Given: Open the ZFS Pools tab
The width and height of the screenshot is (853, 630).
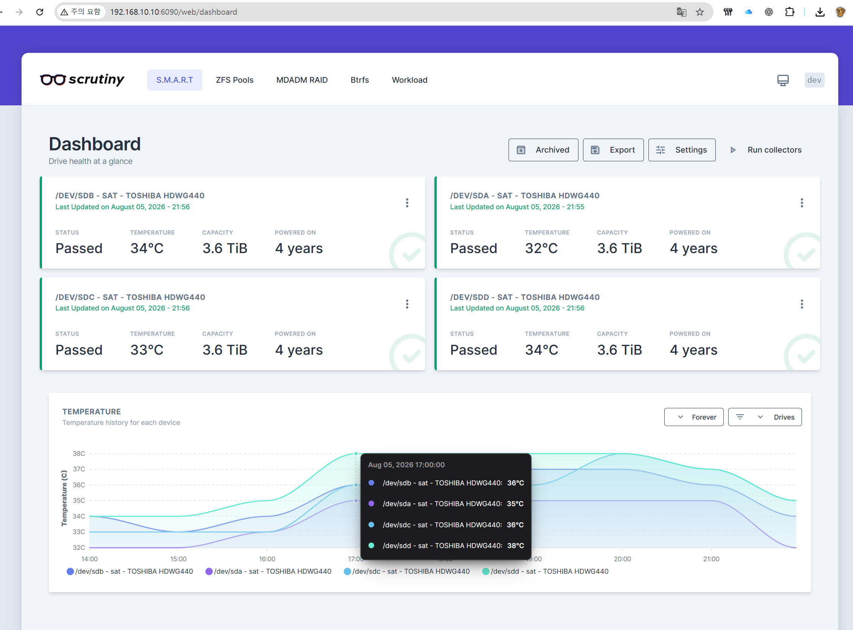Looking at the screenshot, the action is [x=234, y=80].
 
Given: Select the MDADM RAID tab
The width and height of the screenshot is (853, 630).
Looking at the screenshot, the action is [x=302, y=80].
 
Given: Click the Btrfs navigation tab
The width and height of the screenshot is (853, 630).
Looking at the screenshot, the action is [x=360, y=80].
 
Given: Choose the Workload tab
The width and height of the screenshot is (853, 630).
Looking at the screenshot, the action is [x=409, y=80].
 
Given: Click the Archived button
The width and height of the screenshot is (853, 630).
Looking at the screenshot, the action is [x=543, y=150].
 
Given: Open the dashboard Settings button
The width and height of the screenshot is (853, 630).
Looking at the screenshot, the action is [x=682, y=150].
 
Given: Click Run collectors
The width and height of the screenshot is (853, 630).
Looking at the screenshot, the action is [x=766, y=150].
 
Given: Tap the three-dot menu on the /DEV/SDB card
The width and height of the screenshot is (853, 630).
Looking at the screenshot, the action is [x=407, y=203].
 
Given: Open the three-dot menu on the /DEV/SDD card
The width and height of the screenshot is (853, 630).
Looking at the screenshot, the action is [x=802, y=304].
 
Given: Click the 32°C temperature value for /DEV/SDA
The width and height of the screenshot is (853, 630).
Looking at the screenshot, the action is [x=541, y=248].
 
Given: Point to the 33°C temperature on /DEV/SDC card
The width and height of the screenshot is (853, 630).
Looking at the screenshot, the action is [x=147, y=350].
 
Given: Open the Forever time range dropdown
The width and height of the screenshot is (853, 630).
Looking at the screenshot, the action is [x=694, y=417].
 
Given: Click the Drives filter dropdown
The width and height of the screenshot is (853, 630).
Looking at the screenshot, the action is [x=765, y=417].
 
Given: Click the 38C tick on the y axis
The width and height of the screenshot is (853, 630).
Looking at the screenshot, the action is [x=79, y=454].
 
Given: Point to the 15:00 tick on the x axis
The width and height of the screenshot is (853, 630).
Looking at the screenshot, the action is [x=178, y=559].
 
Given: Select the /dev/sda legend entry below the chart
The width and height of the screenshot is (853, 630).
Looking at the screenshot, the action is [x=268, y=571].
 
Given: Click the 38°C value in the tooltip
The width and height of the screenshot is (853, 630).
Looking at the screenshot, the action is [x=516, y=546].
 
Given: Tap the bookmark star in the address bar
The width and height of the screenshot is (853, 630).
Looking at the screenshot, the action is [x=699, y=12].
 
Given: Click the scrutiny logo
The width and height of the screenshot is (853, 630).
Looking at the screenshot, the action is [x=82, y=80].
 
